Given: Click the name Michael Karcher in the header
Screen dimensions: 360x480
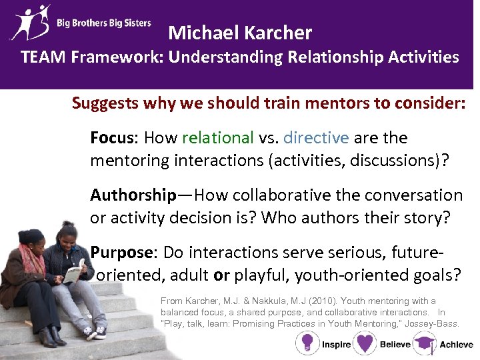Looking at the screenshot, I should (x=240, y=32).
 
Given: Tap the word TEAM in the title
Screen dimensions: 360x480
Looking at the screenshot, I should (x=44, y=57).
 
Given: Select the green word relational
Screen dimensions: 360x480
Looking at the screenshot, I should (x=217, y=138).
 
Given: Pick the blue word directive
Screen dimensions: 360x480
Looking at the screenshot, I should (x=316, y=138).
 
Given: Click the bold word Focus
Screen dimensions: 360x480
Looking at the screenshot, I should (x=111, y=138).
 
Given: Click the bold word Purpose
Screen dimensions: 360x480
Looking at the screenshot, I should (x=121, y=253).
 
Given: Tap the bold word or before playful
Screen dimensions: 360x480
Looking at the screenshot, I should (x=221, y=275).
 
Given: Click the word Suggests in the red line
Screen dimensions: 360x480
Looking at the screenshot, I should (x=104, y=103).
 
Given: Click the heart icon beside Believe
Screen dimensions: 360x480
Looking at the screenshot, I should (x=365, y=343).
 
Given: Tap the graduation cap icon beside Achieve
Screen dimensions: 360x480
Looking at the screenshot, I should (x=423, y=343).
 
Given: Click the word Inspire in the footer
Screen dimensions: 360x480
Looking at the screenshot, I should (x=336, y=345).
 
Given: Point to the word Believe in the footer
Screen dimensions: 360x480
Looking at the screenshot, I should (x=395, y=345).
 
